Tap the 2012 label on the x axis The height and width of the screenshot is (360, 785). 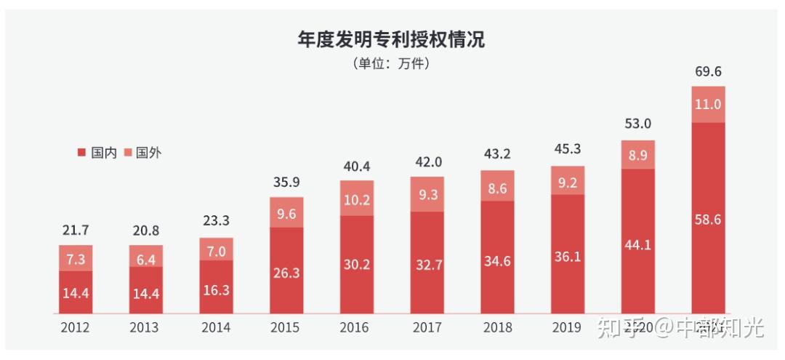[76, 328]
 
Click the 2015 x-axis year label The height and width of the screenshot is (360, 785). [286, 328]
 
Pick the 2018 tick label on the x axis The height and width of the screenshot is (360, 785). [497, 328]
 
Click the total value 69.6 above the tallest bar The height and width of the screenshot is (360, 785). [708, 71]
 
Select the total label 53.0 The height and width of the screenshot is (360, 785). [637, 124]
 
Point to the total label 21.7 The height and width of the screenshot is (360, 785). [76, 230]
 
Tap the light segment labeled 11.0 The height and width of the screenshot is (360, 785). [708, 104]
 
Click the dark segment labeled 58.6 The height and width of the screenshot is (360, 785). [708, 218]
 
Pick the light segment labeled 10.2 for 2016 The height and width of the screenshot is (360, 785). [357, 198]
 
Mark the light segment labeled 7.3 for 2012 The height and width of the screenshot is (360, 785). [76, 258]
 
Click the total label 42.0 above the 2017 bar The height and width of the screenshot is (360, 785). [427, 161]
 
